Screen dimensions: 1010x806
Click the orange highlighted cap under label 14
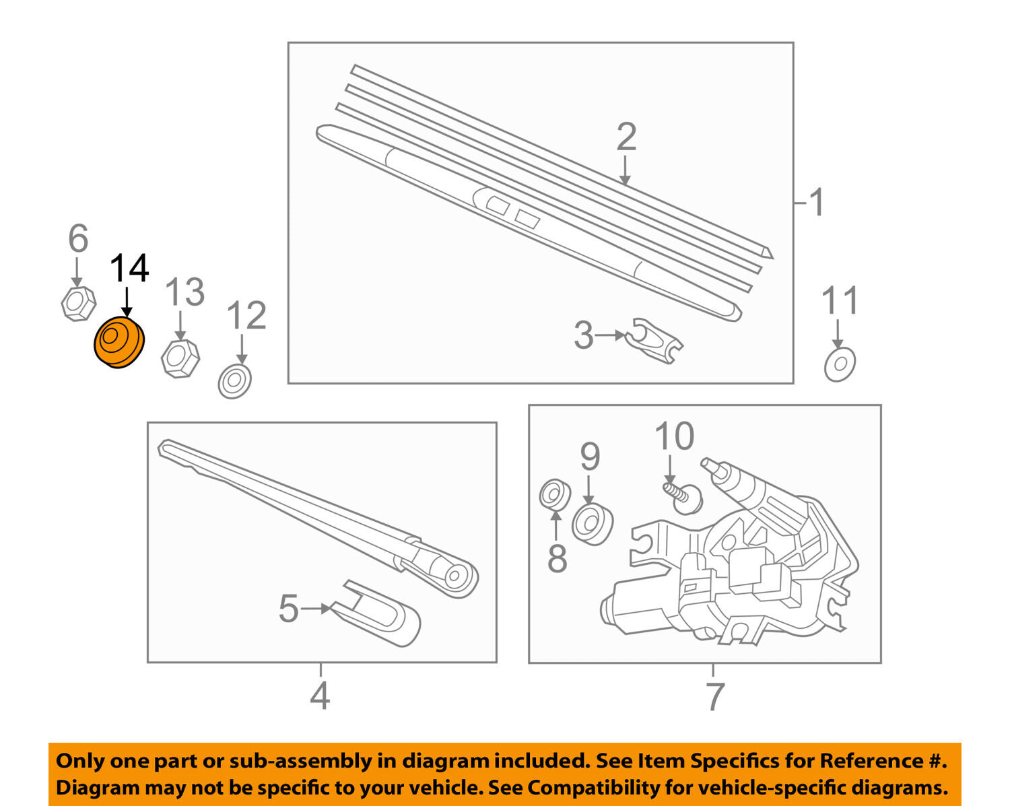tap(119, 343)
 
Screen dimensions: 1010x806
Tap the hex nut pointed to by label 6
tap(78, 304)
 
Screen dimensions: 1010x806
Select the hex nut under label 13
tap(180, 358)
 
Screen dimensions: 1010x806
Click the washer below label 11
tap(840, 364)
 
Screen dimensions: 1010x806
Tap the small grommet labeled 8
tap(555, 494)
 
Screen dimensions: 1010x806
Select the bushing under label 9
tap(593, 524)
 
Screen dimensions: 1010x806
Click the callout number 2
tap(627, 137)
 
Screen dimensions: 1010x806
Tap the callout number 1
tap(817, 202)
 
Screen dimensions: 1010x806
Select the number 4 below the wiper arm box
tap(320, 696)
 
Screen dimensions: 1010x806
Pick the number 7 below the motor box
tap(715, 696)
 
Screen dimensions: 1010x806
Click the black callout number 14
tap(129, 268)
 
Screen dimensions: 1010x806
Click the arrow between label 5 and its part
tap(316, 609)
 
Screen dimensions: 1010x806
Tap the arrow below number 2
tap(625, 170)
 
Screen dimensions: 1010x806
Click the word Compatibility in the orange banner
tap(585, 788)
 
